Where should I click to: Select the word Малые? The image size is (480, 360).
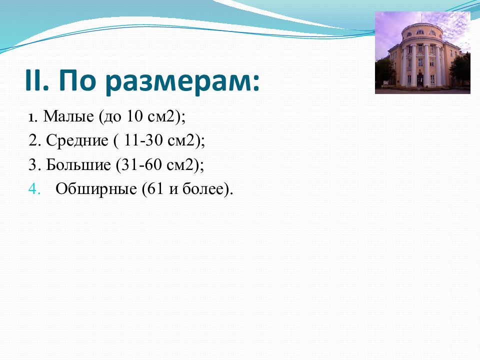point(68,116)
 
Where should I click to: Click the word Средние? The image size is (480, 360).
point(77,141)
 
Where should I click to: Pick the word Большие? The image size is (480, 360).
point(78,165)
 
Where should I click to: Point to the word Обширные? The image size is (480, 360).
point(96,189)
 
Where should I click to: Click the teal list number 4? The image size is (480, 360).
point(34,189)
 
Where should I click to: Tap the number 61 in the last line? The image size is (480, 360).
point(155,189)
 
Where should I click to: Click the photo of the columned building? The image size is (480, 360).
point(422,52)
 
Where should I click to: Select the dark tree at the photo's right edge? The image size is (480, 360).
point(460,70)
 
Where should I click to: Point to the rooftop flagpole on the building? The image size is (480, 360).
point(421,18)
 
